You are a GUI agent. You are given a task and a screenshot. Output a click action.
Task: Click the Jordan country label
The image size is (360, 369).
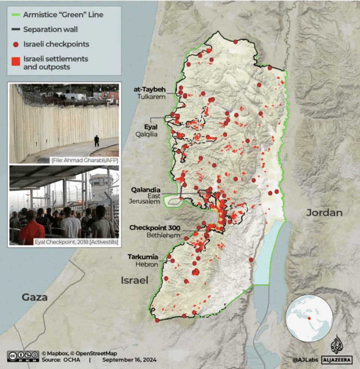(324, 213)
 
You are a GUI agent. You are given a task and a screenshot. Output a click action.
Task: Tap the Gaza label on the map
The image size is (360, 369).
(34, 298)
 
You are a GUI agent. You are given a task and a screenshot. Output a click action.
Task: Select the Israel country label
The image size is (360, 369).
(134, 280)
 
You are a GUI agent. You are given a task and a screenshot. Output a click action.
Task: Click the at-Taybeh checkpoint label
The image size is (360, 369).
(150, 90)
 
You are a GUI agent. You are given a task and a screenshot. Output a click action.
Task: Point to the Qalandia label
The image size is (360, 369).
(145, 190)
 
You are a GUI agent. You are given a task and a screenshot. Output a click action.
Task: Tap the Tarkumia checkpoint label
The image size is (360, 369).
(142, 257)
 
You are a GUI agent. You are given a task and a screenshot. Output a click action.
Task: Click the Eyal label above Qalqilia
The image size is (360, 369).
(151, 127)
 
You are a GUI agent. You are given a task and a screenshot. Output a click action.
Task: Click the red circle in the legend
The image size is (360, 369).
(15, 44)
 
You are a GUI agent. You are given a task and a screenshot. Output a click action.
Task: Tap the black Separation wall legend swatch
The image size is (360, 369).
(15, 29)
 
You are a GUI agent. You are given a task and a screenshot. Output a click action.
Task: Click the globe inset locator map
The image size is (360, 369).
(309, 318)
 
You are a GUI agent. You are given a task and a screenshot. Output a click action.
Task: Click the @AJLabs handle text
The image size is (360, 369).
(305, 360)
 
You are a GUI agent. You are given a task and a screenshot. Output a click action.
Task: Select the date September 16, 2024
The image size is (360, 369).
(129, 360)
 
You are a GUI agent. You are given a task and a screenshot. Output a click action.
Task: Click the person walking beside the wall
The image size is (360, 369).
(97, 141)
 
